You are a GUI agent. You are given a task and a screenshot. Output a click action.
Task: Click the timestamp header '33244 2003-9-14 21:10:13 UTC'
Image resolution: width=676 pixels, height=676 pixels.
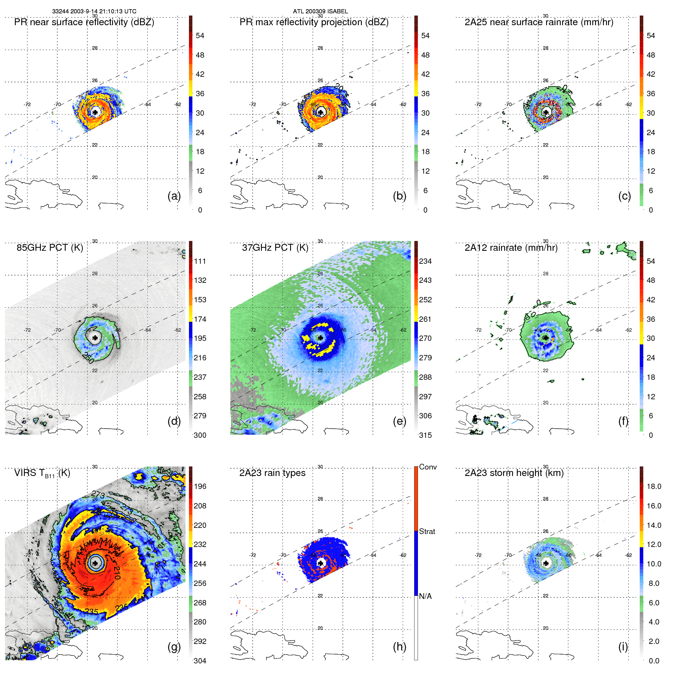[x=94, y=11]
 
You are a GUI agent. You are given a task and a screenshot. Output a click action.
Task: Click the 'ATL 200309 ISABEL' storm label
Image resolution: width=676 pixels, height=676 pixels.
[x=320, y=11]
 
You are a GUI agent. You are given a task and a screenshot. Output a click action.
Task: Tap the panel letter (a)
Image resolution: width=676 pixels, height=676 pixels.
[x=174, y=196]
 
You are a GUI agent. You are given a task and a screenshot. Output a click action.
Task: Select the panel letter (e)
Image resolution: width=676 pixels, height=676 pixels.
[x=399, y=421]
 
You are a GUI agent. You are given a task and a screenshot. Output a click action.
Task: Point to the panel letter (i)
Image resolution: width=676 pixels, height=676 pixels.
[x=623, y=647]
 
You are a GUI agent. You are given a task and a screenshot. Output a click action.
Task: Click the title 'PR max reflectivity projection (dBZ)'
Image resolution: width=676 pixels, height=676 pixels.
[x=314, y=22]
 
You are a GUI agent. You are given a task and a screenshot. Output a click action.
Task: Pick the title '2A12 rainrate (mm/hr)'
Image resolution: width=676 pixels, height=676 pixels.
[x=511, y=248]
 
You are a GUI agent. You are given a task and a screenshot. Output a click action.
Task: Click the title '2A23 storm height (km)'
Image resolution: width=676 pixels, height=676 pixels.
[x=514, y=473]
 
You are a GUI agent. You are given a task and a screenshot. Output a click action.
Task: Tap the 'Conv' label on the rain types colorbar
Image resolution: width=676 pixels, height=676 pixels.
[x=428, y=467]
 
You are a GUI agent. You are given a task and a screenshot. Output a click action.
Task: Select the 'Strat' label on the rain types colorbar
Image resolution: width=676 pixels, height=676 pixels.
[x=427, y=531]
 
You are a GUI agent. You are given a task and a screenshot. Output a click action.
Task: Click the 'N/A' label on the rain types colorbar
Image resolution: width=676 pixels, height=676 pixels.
[x=425, y=596]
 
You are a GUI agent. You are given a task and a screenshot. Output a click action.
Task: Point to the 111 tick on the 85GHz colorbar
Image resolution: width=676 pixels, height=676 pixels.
[x=200, y=261]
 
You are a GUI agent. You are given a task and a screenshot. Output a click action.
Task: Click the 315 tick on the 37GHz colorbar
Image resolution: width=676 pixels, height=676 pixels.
[x=425, y=435]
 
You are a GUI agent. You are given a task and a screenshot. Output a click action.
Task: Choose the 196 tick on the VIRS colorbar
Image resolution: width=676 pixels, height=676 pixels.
[x=200, y=486]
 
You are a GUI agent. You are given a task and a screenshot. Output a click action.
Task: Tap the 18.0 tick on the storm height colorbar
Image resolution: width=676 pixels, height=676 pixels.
[x=654, y=486]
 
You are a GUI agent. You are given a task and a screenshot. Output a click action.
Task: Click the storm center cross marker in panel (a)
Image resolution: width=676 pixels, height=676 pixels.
[x=95, y=112]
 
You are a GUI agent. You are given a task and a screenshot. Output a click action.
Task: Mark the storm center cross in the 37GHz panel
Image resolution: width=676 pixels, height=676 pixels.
[x=320, y=338]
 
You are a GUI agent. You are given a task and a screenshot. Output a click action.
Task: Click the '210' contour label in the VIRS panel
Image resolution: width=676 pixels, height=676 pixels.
[x=117, y=573]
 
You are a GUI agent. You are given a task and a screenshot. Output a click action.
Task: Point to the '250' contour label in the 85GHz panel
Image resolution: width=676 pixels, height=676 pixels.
[x=88, y=358]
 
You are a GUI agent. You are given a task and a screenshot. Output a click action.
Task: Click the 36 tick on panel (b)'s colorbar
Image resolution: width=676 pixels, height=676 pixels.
[x=425, y=94]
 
